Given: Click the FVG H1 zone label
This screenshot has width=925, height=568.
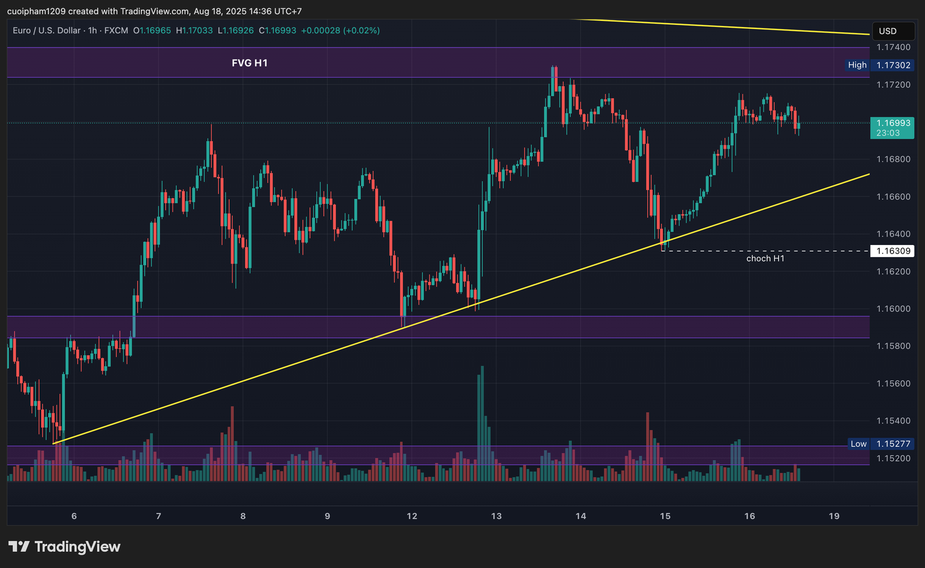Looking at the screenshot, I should (x=249, y=63).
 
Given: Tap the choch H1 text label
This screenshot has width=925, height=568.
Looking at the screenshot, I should (x=765, y=258).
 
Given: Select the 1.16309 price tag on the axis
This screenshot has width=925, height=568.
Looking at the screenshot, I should (x=893, y=251).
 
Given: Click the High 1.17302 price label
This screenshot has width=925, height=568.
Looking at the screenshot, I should (x=879, y=65).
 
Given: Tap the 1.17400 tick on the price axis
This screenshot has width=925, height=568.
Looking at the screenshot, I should (x=893, y=47).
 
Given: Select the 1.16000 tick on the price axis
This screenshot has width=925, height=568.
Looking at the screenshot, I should (x=893, y=309).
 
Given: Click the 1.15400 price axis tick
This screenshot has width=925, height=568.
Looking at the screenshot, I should (x=893, y=421).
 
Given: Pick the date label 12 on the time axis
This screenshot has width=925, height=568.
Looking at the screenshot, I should (x=412, y=516).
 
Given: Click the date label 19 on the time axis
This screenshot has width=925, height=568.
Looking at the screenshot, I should (x=834, y=516).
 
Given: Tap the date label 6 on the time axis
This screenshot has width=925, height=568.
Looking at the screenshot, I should (x=74, y=516).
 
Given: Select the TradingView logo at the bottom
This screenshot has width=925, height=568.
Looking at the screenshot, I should (x=64, y=547).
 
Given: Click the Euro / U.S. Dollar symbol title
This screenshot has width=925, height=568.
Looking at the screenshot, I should (x=47, y=31).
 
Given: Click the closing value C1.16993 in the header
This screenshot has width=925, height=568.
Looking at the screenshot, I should (x=277, y=31).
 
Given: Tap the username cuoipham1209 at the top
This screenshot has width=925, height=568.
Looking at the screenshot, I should (x=36, y=12).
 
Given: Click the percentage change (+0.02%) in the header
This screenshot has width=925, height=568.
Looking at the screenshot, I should (x=361, y=31).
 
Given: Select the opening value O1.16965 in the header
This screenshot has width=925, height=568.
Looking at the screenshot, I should (x=152, y=31).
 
